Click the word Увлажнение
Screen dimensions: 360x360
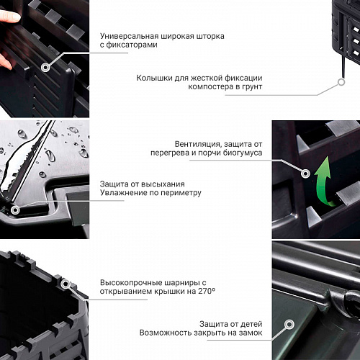tap(124, 192)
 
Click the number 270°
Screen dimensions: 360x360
tap(207, 291)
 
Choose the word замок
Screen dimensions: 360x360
tap(251, 333)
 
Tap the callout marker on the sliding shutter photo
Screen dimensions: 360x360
tap(45, 68)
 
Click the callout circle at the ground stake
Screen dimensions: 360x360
tap(341, 82)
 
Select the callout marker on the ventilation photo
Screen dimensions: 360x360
tap(305, 174)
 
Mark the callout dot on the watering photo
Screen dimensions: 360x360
tap(15, 210)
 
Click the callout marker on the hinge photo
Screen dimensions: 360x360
tap(65, 284)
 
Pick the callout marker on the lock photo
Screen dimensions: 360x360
tap(289, 325)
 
